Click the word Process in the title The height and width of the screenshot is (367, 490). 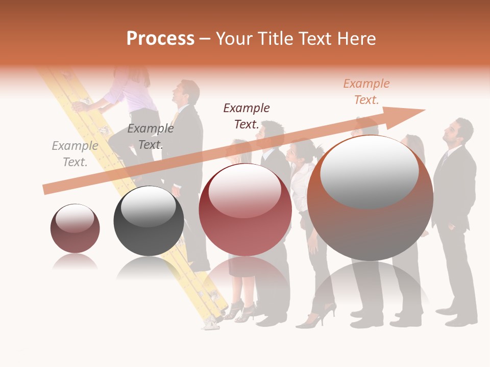coord(160,39)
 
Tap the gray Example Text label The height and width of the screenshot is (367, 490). coord(75,153)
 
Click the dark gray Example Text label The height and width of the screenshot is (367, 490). coord(150,136)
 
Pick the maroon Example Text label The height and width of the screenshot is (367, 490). coord(247,116)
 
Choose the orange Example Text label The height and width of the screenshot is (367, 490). coord(366,92)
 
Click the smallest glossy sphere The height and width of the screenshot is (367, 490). coord(75,228)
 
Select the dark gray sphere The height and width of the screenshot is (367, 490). coord(149,220)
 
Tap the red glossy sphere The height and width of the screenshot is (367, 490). coord(245,209)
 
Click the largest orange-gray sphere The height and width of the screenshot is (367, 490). coord(370,198)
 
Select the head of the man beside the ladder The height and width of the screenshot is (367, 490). coord(186,92)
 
